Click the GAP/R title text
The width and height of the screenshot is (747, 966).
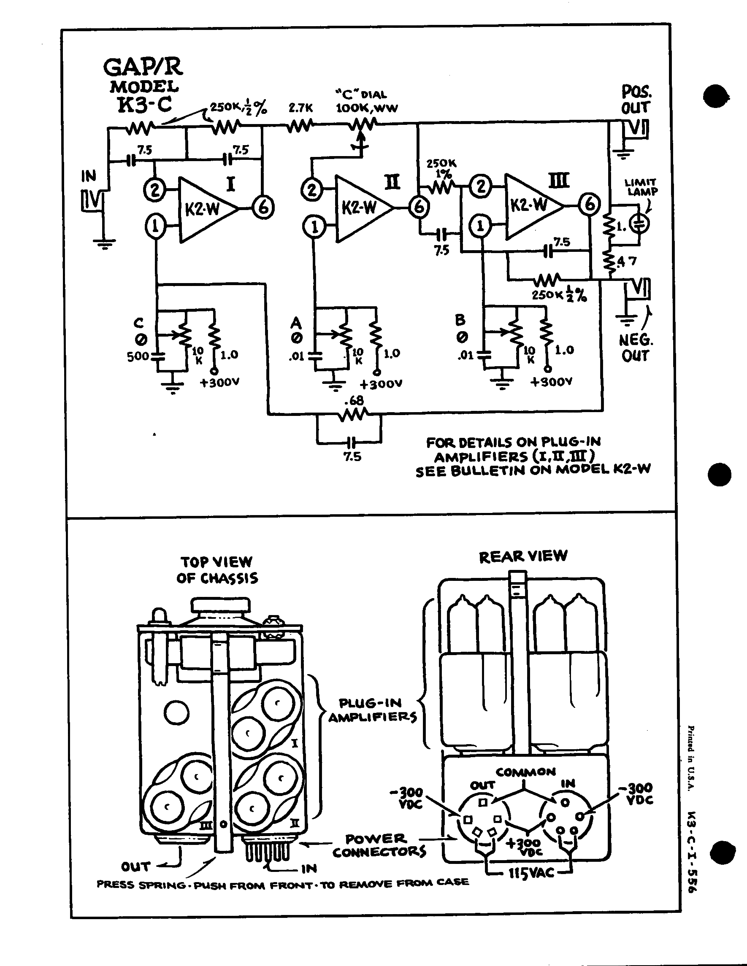[143, 67]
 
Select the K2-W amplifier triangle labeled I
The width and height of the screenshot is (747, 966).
[204, 209]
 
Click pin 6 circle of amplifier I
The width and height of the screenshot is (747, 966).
[263, 208]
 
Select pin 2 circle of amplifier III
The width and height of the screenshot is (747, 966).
[481, 186]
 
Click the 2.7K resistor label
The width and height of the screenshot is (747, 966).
[301, 108]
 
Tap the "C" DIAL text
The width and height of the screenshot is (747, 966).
[361, 94]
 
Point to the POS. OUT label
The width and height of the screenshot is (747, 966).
[636, 100]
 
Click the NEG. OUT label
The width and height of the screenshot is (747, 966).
[636, 348]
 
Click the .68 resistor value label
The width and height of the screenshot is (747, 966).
[354, 400]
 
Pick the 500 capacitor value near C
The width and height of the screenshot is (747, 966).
[138, 356]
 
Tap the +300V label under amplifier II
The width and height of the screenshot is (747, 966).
[381, 384]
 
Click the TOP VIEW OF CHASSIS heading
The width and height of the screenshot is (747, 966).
[217, 570]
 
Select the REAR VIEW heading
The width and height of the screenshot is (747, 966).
[522, 556]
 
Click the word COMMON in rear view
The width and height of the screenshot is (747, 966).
[525, 772]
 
